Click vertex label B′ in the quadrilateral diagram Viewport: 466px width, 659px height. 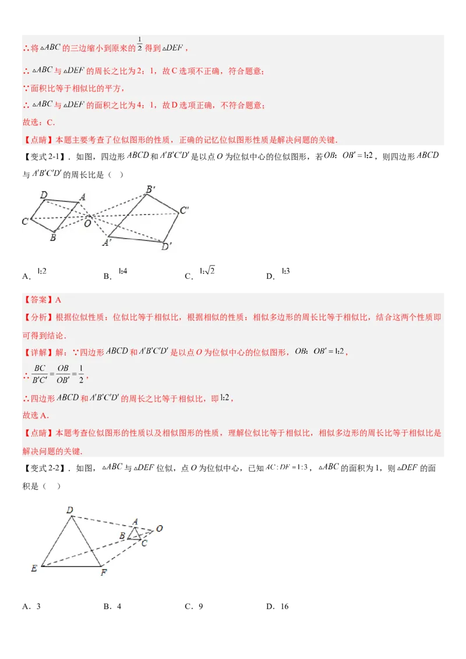(x=150, y=189)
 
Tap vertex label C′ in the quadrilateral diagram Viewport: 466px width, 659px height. (x=184, y=211)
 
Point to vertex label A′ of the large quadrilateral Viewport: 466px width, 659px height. (x=106, y=243)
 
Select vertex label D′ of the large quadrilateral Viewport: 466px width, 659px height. (x=166, y=247)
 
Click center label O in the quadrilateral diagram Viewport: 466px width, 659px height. (x=87, y=222)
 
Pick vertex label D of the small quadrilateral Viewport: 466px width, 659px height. (x=44, y=195)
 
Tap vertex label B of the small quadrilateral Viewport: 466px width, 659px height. (x=52, y=238)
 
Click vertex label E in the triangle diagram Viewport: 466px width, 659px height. (x=34, y=568)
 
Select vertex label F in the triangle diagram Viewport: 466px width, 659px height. (x=104, y=573)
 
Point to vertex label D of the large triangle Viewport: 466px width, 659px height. (x=69, y=511)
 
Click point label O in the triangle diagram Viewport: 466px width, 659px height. (x=159, y=529)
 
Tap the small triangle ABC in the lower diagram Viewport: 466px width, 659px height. (x=135, y=534)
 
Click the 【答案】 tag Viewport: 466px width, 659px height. (x=37, y=300)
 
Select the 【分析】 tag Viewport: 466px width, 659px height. (x=37, y=318)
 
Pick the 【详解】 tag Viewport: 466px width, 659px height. (x=37, y=352)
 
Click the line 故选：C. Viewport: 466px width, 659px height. (x=38, y=122)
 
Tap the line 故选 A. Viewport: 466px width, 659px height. (x=36, y=416)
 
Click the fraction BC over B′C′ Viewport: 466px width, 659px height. (x=40, y=374)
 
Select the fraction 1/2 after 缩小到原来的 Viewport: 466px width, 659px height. (x=140, y=44)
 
